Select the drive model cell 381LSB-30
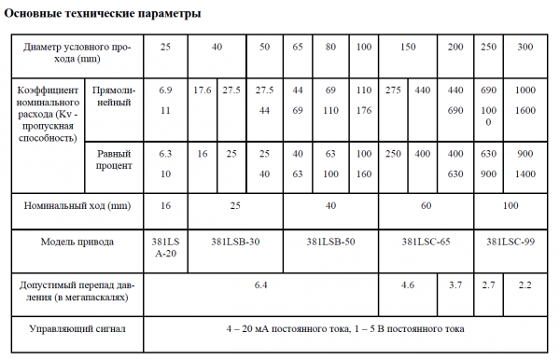[235, 242]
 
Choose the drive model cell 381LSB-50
[330, 242]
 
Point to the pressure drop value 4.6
[408, 283]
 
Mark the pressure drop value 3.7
[455, 283]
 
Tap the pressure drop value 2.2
[525, 283]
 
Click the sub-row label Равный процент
[113, 159]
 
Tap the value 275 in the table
[393, 90]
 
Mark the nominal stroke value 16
[166, 201]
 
